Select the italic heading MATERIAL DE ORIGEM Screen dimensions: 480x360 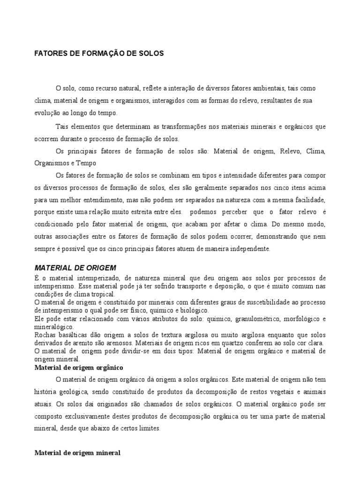pos(75,268)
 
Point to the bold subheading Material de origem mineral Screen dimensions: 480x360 pos(77,453)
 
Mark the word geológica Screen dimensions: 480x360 pos(69,391)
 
